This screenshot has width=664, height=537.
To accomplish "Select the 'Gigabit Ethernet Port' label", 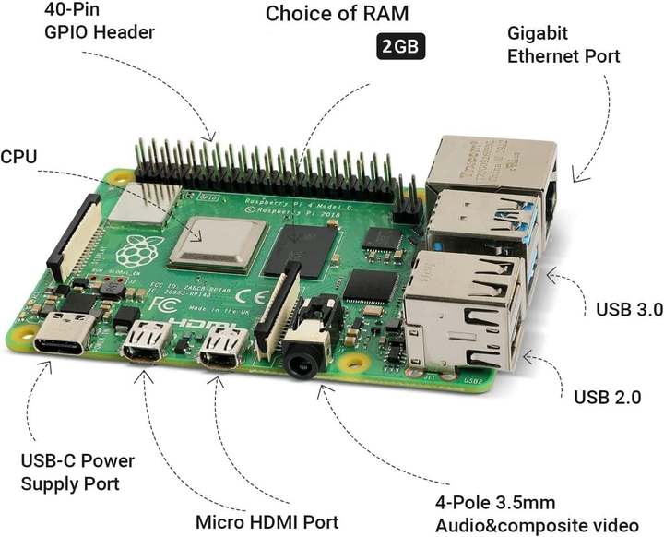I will (563, 44).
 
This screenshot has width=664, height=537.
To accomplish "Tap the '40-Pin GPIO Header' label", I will (100, 22).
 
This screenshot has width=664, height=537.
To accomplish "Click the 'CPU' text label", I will (18, 157).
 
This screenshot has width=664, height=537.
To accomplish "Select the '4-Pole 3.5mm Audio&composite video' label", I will (536, 514).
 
